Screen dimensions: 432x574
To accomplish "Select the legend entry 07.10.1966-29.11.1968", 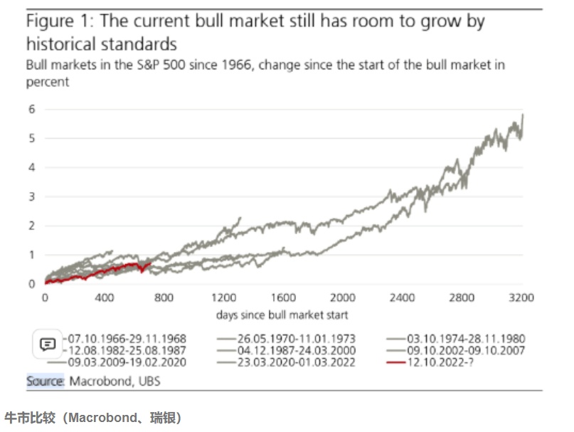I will [x=129, y=338].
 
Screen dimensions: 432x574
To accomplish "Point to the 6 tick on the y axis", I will [x=31, y=110].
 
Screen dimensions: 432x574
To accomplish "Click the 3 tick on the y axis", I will [x=31, y=196].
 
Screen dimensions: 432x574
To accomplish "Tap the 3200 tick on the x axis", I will [x=522, y=297].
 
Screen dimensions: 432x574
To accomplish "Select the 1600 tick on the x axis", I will [x=283, y=297].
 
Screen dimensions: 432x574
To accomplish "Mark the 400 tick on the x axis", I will [x=105, y=297].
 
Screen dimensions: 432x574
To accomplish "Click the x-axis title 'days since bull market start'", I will [x=282, y=314].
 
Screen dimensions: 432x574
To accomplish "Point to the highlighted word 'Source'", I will [x=46, y=381].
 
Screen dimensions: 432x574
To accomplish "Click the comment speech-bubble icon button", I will [x=48, y=344].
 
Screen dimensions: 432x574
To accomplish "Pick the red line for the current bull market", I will [x=107, y=271].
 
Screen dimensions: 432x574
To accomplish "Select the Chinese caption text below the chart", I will [x=92, y=418].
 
